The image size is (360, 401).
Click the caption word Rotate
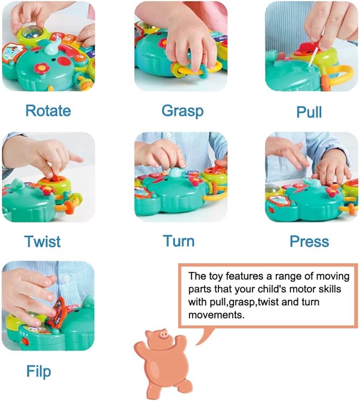pyautogui.click(x=48, y=111)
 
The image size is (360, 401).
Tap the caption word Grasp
pyautogui.click(x=182, y=111)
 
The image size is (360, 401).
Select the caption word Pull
pyautogui.click(x=309, y=112)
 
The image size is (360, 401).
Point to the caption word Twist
pyautogui.click(x=42, y=242)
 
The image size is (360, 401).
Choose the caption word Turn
pyautogui.click(x=179, y=241)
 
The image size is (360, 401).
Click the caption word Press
pyautogui.click(x=309, y=241)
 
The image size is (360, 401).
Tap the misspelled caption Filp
pyautogui.click(x=39, y=371)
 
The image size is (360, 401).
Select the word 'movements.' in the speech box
pyautogui.click(x=216, y=315)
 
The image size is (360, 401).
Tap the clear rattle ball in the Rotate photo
pyautogui.click(x=30, y=33)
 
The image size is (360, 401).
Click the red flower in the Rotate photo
pyautogui.click(x=40, y=68)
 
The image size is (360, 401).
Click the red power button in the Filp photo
pyautogui.click(x=24, y=341)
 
